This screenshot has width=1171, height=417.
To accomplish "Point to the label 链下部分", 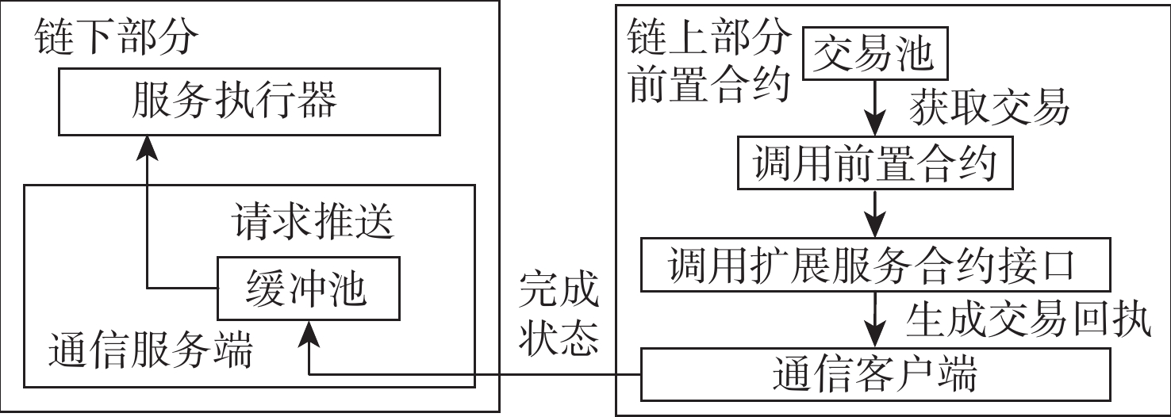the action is [x=116, y=36].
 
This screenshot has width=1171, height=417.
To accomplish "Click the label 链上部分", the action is [x=709, y=36].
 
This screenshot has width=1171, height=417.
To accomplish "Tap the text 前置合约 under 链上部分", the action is [x=709, y=83].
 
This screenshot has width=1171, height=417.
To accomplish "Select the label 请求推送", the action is [x=313, y=221].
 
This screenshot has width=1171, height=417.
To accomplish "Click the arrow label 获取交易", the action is [x=989, y=107].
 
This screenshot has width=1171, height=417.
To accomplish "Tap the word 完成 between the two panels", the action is [x=559, y=289].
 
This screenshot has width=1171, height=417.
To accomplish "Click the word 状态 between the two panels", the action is [x=559, y=337].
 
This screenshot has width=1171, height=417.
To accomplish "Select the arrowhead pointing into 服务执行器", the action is [x=147, y=147].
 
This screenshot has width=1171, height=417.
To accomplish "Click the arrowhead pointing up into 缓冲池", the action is [x=309, y=332].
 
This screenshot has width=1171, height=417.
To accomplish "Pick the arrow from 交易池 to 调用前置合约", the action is [x=875, y=108].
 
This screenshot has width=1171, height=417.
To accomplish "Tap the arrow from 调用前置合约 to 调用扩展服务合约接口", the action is [x=875, y=214].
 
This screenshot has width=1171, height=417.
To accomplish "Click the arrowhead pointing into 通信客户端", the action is [x=875, y=335].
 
